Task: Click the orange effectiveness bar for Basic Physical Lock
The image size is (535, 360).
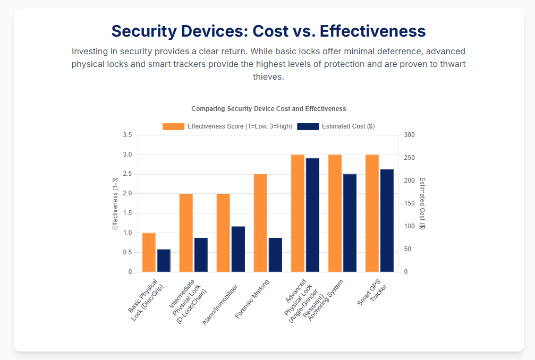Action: tap(149, 252)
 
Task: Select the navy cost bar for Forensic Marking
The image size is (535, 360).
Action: tap(275, 255)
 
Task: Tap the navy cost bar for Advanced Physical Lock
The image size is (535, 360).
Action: tap(312, 215)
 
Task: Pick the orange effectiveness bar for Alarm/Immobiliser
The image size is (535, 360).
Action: tap(223, 233)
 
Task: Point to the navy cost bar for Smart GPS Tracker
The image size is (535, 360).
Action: tap(387, 220)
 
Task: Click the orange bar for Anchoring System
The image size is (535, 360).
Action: tap(335, 213)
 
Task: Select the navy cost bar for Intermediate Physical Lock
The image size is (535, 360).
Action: tap(201, 255)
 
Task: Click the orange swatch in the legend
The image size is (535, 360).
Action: tap(174, 126)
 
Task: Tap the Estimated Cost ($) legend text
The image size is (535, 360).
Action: tap(348, 126)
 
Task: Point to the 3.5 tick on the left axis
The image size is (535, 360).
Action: tap(127, 135)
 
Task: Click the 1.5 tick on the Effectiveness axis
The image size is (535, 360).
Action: tap(127, 213)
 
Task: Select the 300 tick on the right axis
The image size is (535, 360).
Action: tap(409, 135)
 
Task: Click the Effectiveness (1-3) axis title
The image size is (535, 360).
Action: tap(115, 203)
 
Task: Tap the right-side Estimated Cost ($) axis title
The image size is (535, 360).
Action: tap(422, 203)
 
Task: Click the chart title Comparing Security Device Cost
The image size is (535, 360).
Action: tap(268, 109)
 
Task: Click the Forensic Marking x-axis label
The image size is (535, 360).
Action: tap(253, 299)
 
